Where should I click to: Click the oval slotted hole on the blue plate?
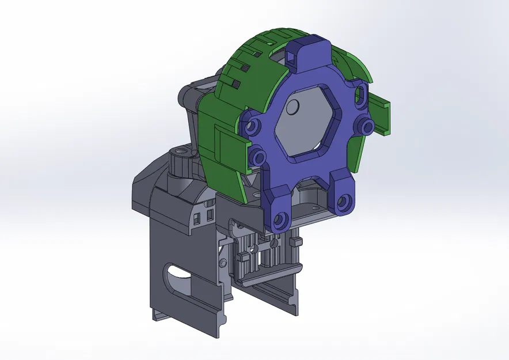[361, 96]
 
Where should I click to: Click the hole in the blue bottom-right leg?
[343, 202]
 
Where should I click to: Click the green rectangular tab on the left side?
[228, 143]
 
